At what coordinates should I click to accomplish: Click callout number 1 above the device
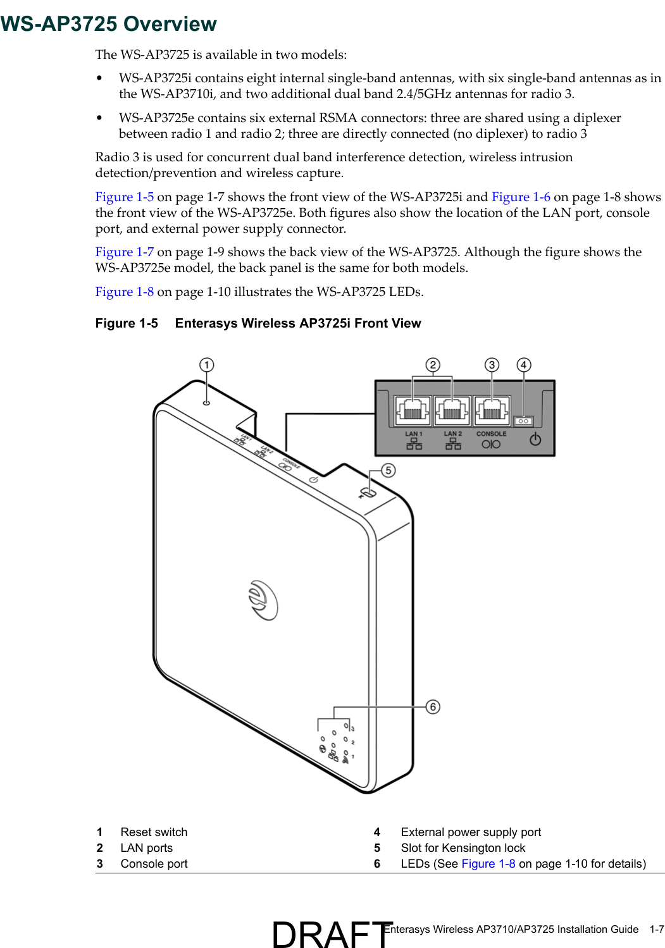click(x=206, y=365)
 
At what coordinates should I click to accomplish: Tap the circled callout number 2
click(x=433, y=365)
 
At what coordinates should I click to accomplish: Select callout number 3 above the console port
click(x=492, y=365)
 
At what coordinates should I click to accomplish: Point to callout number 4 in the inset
click(x=523, y=365)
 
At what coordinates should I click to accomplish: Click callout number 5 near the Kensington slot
click(x=388, y=470)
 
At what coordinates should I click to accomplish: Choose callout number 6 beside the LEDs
click(x=433, y=706)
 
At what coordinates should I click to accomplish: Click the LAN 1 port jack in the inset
click(x=413, y=410)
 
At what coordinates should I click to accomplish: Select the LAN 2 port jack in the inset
click(x=452, y=410)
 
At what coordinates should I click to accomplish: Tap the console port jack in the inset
click(x=492, y=410)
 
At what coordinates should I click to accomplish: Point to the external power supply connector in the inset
click(x=523, y=421)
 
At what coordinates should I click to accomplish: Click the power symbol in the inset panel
click(x=535, y=439)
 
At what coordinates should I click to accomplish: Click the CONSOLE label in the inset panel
click(x=491, y=434)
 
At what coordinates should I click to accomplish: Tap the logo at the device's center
click(x=263, y=600)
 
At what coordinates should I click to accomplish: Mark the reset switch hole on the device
click(x=206, y=402)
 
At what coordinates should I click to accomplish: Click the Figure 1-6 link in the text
click(x=520, y=197)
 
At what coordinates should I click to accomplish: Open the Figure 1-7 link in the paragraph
click(x=124, y=252)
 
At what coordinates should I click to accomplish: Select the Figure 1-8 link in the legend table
click(x=488, y=864)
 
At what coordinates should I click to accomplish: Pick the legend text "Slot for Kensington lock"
click(x=463, y=848)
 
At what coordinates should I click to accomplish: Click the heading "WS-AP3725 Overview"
click(x=109, y=24)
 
